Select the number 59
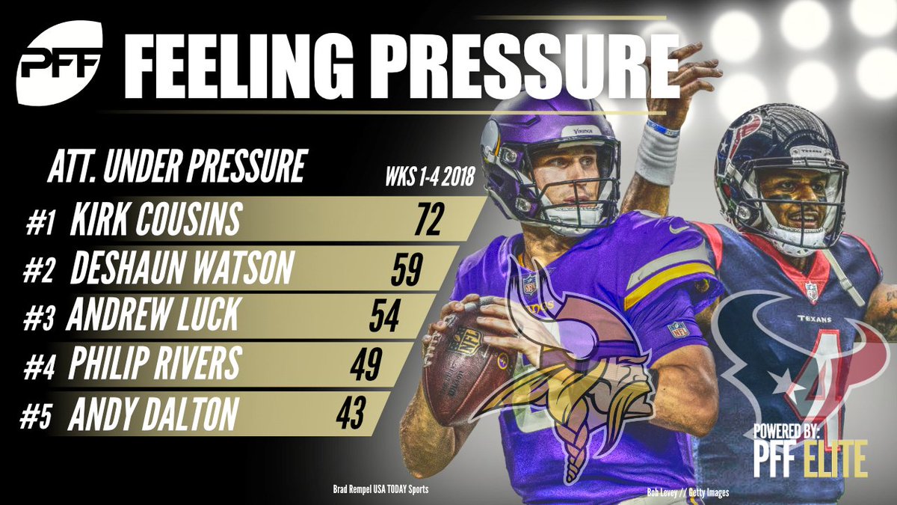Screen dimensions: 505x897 tap(404, 269)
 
